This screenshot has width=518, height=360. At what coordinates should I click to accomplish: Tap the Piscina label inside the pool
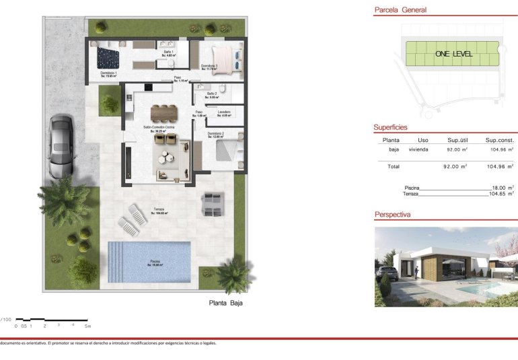click(155, 263)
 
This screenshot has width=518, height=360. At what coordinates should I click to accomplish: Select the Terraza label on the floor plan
click(159, 210)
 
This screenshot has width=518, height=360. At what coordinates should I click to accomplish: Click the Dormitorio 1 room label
click(109, 74)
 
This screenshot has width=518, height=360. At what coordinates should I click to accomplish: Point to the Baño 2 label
click(211, 94)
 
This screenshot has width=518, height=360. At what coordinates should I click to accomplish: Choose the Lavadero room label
click(224, 112)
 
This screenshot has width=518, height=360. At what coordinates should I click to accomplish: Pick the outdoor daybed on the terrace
click(213, 204)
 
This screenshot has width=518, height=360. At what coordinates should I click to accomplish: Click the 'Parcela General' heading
click(400, 10)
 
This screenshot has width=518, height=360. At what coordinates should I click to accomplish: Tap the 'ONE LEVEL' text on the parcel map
click(453, 54)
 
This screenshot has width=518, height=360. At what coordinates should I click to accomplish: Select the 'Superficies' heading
click(391, 127)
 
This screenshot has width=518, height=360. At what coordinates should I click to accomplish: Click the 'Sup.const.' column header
click(498, 140)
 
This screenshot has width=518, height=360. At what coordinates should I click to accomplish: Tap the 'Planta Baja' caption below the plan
click(225, 303)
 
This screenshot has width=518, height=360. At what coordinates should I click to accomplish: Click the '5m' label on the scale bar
click(87, 326)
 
